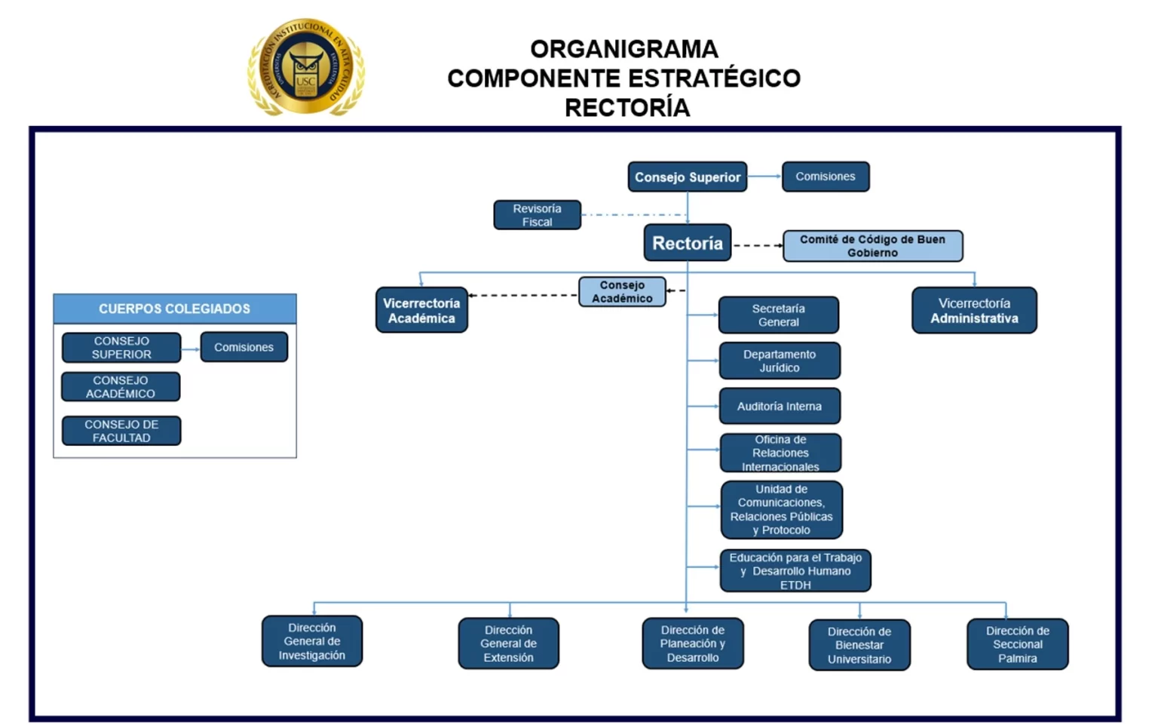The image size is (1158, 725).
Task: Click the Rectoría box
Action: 687,243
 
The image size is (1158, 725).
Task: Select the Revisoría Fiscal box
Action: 537,215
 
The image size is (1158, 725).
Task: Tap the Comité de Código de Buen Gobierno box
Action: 872,246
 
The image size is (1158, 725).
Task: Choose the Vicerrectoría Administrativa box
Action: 974,310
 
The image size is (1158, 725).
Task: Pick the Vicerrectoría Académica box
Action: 421,310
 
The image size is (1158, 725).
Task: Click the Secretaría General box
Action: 778,315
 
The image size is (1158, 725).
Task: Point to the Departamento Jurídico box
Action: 779,361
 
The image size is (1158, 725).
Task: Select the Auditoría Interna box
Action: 779,406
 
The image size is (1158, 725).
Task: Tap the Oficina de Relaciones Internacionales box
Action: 780,453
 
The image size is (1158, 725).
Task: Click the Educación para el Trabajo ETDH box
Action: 795,570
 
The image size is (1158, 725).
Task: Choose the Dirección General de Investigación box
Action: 312,641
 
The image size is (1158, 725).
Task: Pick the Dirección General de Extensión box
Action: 508,644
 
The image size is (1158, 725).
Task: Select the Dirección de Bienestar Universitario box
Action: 859,645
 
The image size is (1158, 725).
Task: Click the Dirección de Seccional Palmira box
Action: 1017,644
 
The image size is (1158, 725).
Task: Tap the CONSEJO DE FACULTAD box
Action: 121,431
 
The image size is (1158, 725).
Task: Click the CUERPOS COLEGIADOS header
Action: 174,309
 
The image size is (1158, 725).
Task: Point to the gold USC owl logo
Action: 306,68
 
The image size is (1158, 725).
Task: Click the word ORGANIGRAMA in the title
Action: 623,49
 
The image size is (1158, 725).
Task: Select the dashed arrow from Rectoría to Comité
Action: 757,246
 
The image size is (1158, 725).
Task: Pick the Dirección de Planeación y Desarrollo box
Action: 692,644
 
